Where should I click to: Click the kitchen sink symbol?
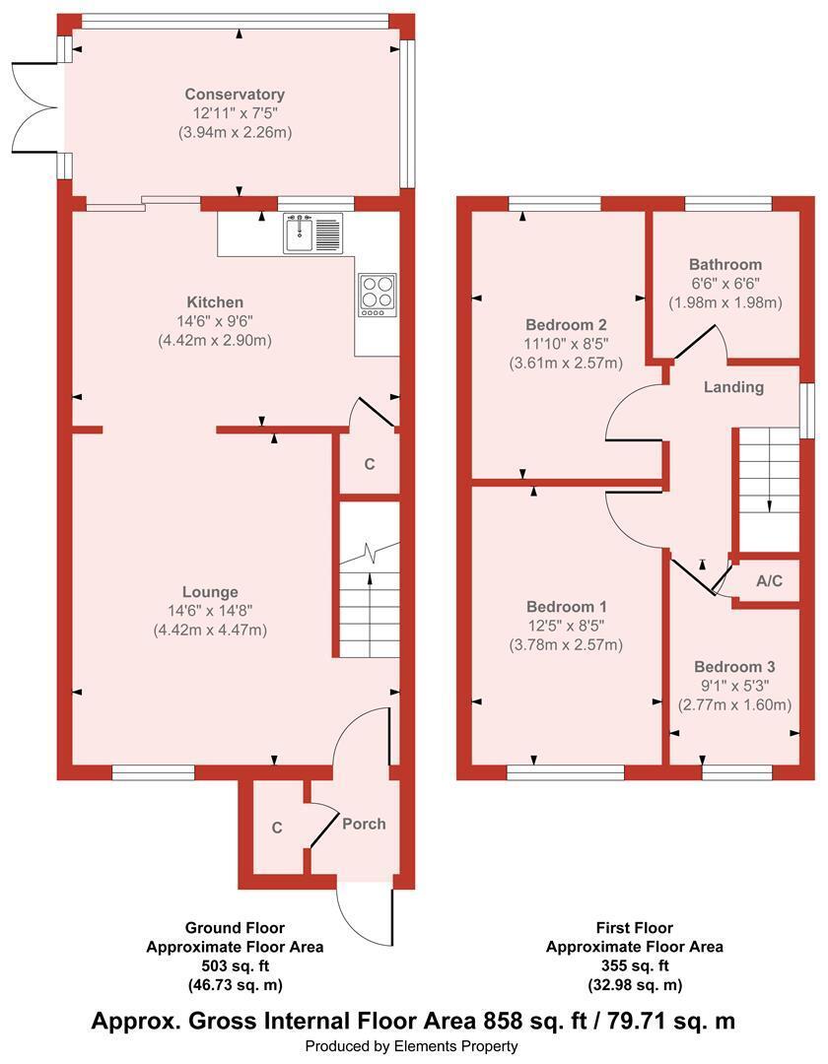pyautogui.click(x=313, y=233)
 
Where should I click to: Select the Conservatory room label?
pyautogui.click(x=235, y=95)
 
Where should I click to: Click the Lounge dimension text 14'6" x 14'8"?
pyautogui.click(x=210, y=611)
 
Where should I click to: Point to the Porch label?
pyautogui.click(x=364, y=824)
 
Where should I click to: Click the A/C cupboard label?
pyautogui.click(x=769, y=581)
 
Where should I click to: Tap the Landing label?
pyautogui.click(x=733, y=387)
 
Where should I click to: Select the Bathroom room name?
pyautogui.click(x=725, y=264)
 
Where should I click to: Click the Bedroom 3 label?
pyautogui.click(x=734, y=666)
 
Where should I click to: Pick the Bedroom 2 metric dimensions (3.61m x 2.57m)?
pyautogui.click(x=566, y=363)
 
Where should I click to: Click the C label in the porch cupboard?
pyautogui.click(x=277, y=828)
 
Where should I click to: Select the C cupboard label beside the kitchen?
pyautogui.click(x=370, y=464)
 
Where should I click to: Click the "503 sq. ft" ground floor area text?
pyautogui.click(x=235, y=964)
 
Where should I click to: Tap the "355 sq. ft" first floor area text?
pyautogui.click(x=635, y=964)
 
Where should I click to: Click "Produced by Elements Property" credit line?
pyautogui.click(x=411, y=1046)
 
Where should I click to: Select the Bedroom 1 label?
pyautogui.click(x=567, y=606)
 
